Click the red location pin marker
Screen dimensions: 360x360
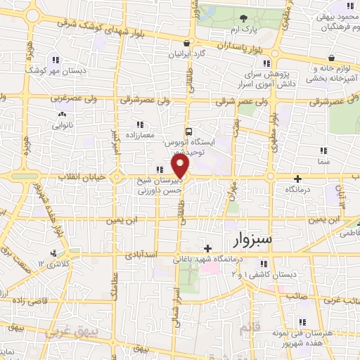181,167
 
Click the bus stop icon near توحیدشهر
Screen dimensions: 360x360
188,131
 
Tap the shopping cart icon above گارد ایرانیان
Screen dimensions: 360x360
186,42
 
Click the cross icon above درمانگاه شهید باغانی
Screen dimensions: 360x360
207,248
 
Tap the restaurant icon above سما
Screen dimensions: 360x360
323,150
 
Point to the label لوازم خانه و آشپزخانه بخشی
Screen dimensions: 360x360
332,72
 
